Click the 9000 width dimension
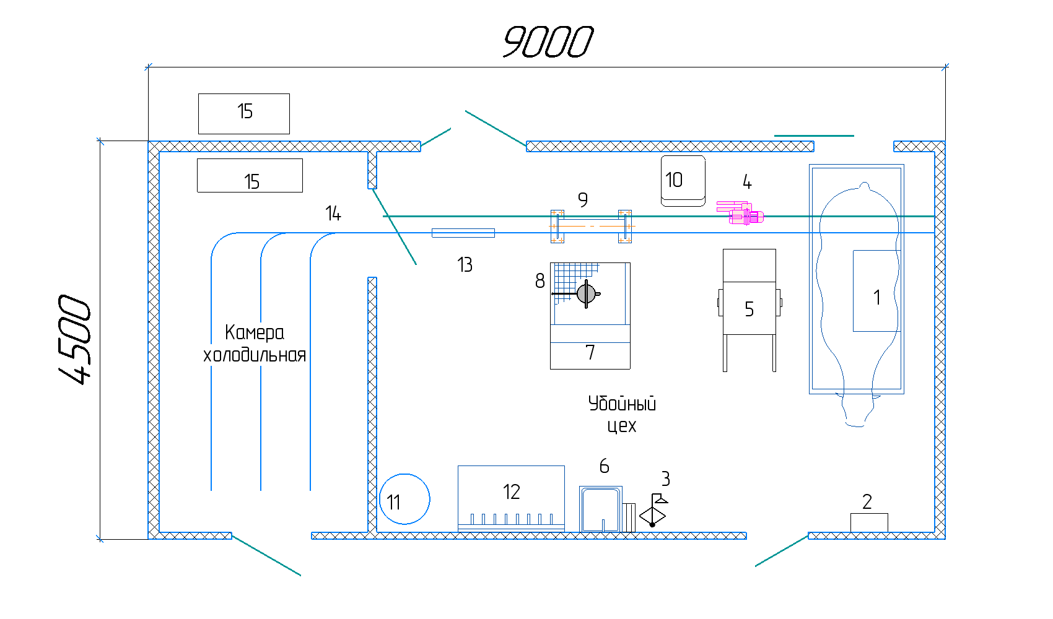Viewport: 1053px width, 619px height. click(x=548, y=42)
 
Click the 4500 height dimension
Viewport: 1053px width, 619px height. click(x=76, y=339)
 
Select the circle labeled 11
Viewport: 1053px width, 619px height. click(x=404, y=499)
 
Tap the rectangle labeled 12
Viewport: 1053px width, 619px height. click(x=511, y=498)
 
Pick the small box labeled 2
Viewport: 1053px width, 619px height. click(x=868, y=522)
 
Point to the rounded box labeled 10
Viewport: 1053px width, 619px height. click(x=683, y=180)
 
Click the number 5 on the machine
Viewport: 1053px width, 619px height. click(x=749, y=309)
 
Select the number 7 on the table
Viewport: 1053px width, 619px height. click(x=590, y=352)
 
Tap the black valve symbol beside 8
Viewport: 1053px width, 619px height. click(x=585, y=293)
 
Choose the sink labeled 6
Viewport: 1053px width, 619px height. click(x=600, y=509)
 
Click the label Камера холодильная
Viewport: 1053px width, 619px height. click(x=255, y=344)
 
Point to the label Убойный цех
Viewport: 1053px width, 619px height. click(x=622, y=414)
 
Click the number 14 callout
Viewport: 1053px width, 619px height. click(x=333, y=214)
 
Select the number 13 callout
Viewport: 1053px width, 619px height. click(x=465, y=265)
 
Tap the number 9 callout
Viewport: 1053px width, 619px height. click(x=582, y=200)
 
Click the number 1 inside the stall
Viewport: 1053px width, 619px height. click(x=876, y=298)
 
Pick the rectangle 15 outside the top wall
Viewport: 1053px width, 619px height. click(x=244, y=113)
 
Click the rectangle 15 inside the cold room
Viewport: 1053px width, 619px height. click(x=250, y=176)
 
